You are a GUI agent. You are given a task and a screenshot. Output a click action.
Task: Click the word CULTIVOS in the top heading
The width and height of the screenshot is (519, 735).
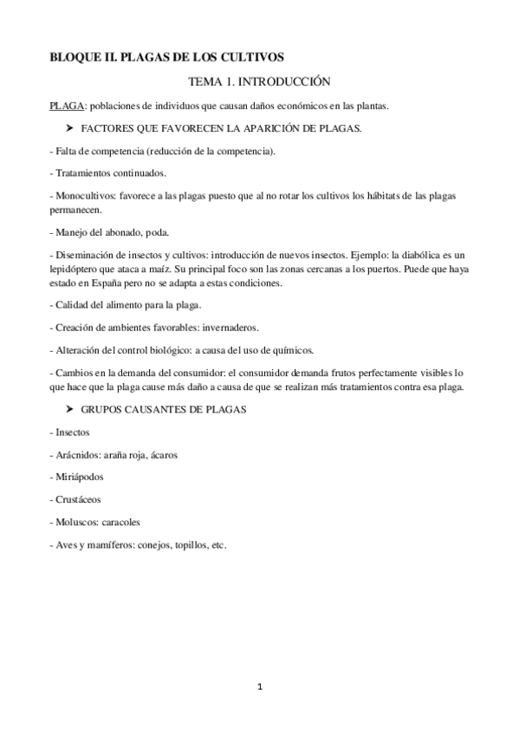[253, 58]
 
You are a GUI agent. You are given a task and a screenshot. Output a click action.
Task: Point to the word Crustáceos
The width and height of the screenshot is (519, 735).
[78, 500]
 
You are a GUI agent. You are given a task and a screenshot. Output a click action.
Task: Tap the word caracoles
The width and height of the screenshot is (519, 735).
[121, 523]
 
